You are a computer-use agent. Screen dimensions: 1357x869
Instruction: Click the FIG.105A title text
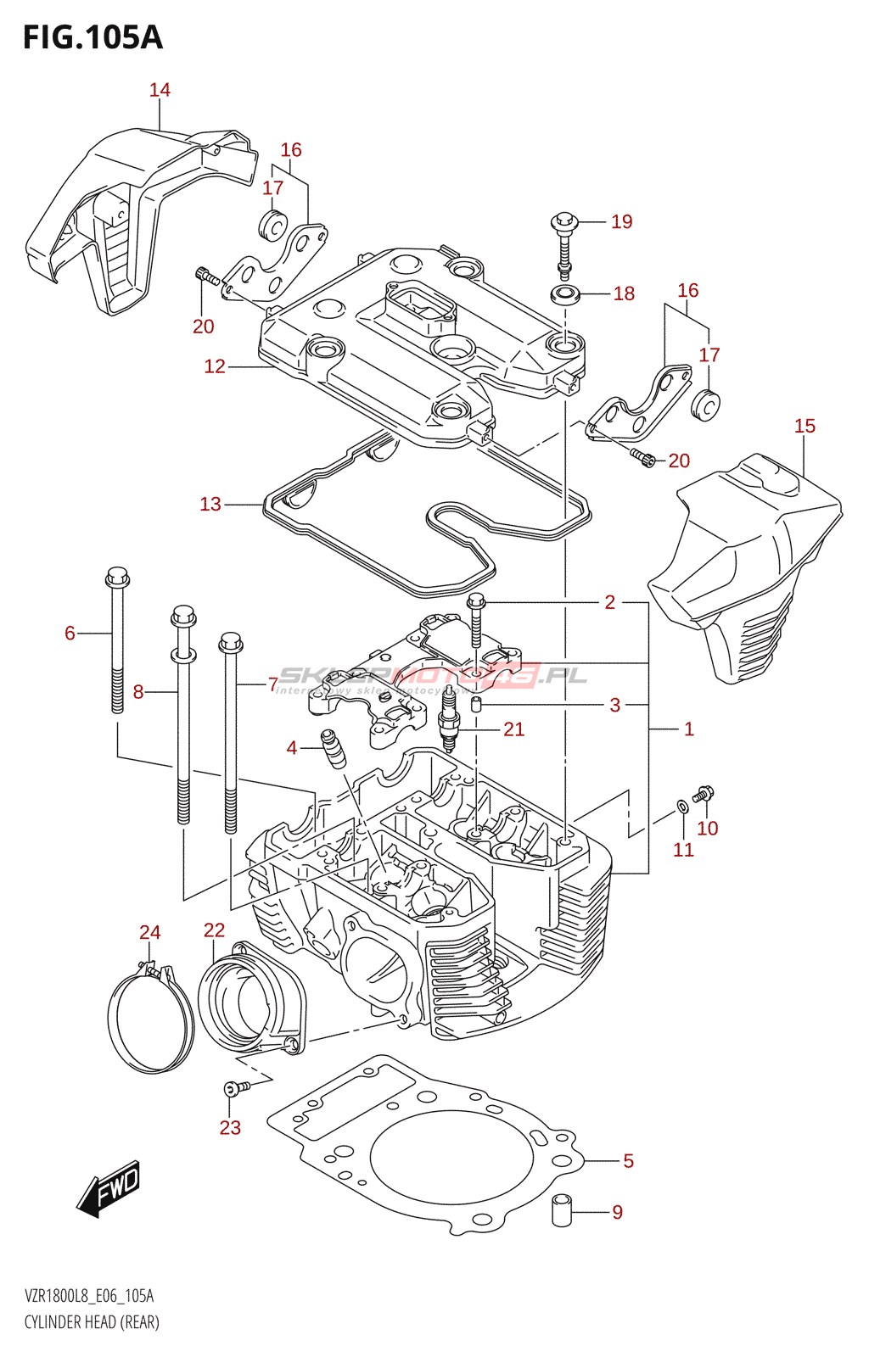[x=93, y=37]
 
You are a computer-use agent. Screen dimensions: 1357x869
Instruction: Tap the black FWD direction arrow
[x=109, y=1188]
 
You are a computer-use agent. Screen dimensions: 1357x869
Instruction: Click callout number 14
[x=160, y=90]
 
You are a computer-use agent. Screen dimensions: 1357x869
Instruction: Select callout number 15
[x=805, y=426]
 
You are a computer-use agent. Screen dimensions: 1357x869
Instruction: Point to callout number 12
[x=215, y=366]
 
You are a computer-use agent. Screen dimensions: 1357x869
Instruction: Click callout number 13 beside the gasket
[x=210, y=505]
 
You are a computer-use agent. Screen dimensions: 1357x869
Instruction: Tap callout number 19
[x=622, y=222]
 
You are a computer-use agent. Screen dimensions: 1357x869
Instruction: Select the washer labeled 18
[x=565, y=296]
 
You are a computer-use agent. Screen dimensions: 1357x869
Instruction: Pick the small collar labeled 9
[x=562, y=1209]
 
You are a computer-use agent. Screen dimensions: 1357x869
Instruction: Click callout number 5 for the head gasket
[x=628, y=1161]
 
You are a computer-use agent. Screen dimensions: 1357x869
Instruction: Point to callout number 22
[x=214, y=930]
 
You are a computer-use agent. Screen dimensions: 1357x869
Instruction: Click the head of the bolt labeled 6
[x=117, y=578]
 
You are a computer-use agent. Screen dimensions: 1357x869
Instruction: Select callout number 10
[x=708, y=828]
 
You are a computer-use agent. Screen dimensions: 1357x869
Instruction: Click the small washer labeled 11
[x=681, y=805]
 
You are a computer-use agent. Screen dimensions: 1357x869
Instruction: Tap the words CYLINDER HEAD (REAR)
[x=92, y=1322]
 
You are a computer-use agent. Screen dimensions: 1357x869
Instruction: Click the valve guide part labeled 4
[x=333, y=747]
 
